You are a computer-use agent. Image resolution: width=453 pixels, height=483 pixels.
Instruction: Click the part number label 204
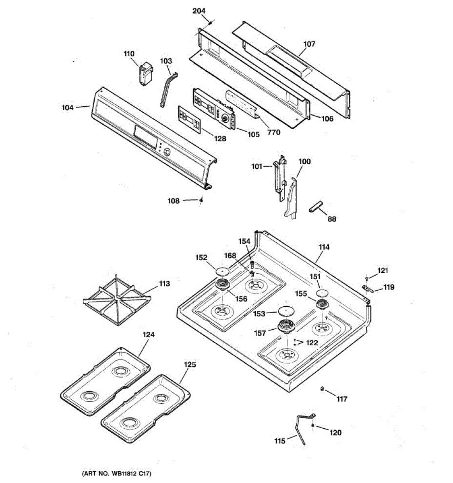[x=199, y=10]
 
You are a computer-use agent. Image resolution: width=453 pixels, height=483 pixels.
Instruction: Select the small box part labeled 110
[x=146, y=74]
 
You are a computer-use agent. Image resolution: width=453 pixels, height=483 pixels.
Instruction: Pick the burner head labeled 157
[x=287, y=327]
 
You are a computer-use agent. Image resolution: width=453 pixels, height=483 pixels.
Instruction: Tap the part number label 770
[x=274, y=132]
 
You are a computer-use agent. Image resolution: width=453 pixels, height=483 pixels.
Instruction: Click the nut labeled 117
[x=322, y=389]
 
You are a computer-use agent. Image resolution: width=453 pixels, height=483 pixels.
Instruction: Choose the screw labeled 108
[x=201, y=200]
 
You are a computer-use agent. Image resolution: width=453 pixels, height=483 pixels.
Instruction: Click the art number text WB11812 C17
[x=117, y=474]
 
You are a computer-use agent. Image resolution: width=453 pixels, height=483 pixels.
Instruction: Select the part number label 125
[x=190, y=365]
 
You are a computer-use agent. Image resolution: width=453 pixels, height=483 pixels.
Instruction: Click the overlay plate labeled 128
[x=189, y=119]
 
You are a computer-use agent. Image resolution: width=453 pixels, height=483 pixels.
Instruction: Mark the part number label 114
[x=324, y=247]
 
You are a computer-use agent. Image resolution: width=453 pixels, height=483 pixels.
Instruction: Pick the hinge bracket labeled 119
[x=368, y=289]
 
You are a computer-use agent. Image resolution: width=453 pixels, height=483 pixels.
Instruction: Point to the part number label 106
[x=327, y=119]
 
